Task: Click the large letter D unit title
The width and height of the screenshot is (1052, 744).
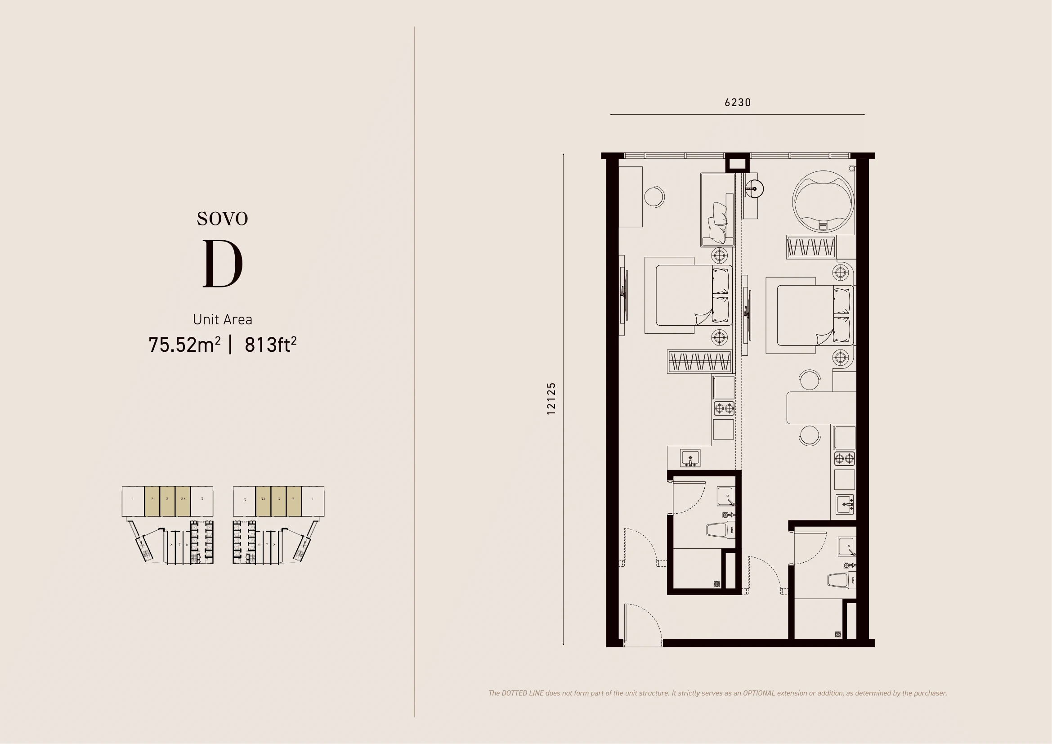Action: click(223, 264)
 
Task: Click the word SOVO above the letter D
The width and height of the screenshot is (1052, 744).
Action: click(223, 219)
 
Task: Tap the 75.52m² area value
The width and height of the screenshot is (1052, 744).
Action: click(184, 345)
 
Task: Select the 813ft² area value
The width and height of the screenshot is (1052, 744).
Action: click(270, 345)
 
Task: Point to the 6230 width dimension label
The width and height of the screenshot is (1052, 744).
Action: click(738, 103)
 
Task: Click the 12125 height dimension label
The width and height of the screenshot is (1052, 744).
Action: click(551, 399)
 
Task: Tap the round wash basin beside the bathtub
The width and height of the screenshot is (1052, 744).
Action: click(754, 188)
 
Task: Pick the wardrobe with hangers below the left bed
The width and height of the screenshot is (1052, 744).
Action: click(699, 362)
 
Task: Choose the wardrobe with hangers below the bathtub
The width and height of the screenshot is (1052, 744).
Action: click(810, 247)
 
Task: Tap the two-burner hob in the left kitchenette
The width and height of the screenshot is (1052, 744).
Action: click(724, 408)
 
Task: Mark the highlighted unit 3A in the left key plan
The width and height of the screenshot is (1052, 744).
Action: click(183, 501)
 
